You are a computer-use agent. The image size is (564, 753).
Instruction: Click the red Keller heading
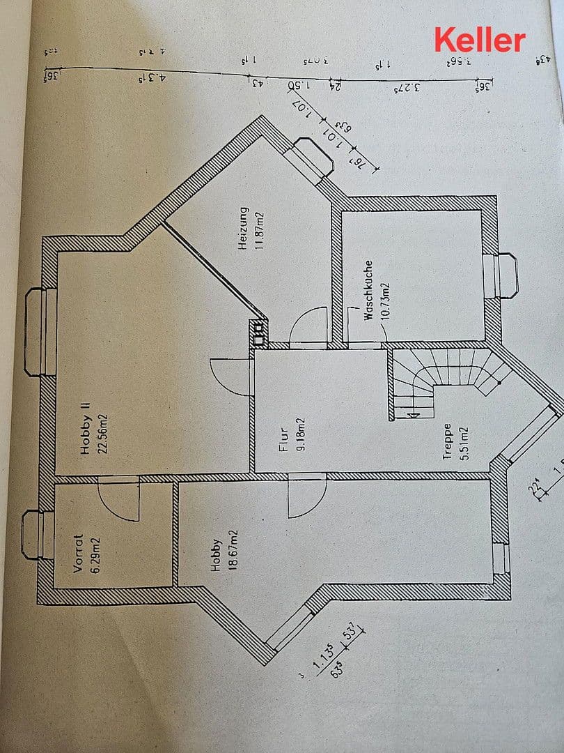480,40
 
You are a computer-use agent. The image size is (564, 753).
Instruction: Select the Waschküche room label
369,291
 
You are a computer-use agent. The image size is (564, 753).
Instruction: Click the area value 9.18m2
300,434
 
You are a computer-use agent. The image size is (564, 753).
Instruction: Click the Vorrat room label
78,554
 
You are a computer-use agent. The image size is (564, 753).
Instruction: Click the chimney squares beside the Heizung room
260,332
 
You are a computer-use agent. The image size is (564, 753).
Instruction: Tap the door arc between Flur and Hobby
306,496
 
